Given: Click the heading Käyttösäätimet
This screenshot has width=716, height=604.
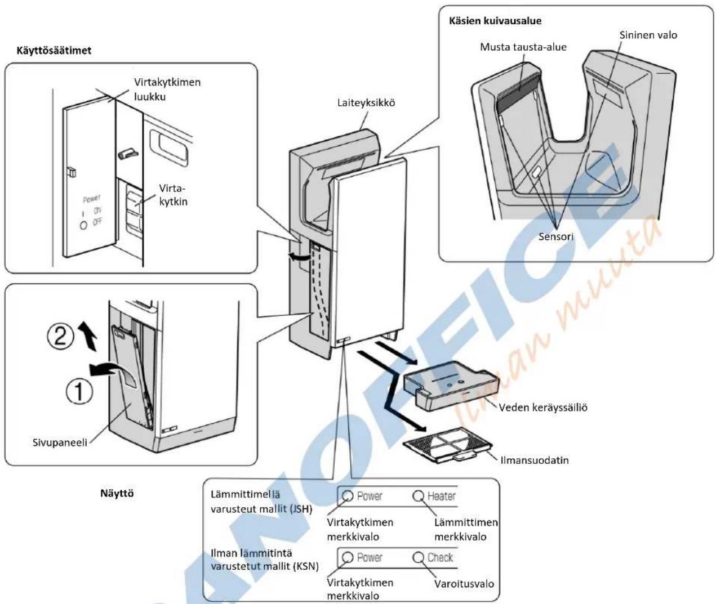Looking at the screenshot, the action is coord(54,51).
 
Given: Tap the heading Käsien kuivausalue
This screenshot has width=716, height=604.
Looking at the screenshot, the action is coord(495,21).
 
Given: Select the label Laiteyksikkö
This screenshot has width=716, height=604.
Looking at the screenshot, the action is coord(366,103).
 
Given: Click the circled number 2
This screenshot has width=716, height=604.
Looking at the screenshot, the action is coord(60,337).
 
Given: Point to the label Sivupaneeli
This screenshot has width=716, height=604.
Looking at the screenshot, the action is coord(60,442).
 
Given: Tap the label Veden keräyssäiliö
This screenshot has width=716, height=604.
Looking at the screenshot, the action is coord(543,408).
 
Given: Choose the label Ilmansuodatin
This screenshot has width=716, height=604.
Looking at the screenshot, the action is coord(535,460).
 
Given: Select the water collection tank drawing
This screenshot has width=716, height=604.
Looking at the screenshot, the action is coord(451,385).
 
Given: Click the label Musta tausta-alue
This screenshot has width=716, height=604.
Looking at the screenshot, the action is coord(523,47).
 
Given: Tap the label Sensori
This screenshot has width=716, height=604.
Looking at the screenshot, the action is coord(556,236).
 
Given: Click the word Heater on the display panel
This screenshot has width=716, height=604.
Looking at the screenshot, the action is coord(441,496).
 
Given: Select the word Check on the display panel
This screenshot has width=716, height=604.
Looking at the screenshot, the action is coord(441,557).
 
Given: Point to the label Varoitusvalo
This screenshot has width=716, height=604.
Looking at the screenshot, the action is coord(464,584).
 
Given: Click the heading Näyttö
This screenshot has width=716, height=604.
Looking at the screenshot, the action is coord(117,493).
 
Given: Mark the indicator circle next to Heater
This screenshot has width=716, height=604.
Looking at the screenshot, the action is coord(419,496).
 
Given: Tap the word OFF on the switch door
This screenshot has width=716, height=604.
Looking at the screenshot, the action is coord(97,222).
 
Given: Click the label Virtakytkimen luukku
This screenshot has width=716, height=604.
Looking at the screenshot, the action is coord(167,90).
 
